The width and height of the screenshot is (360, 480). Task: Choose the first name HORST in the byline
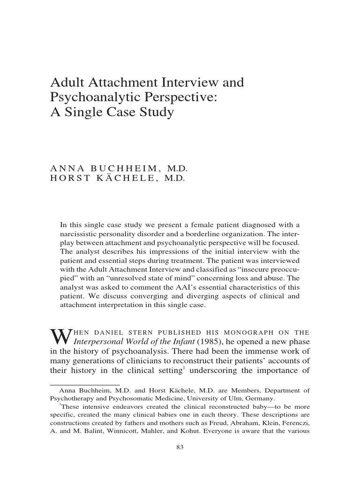pos(68,179)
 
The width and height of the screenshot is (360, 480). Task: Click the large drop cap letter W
pos(58,336)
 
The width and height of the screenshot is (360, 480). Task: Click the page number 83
pos(180,447)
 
